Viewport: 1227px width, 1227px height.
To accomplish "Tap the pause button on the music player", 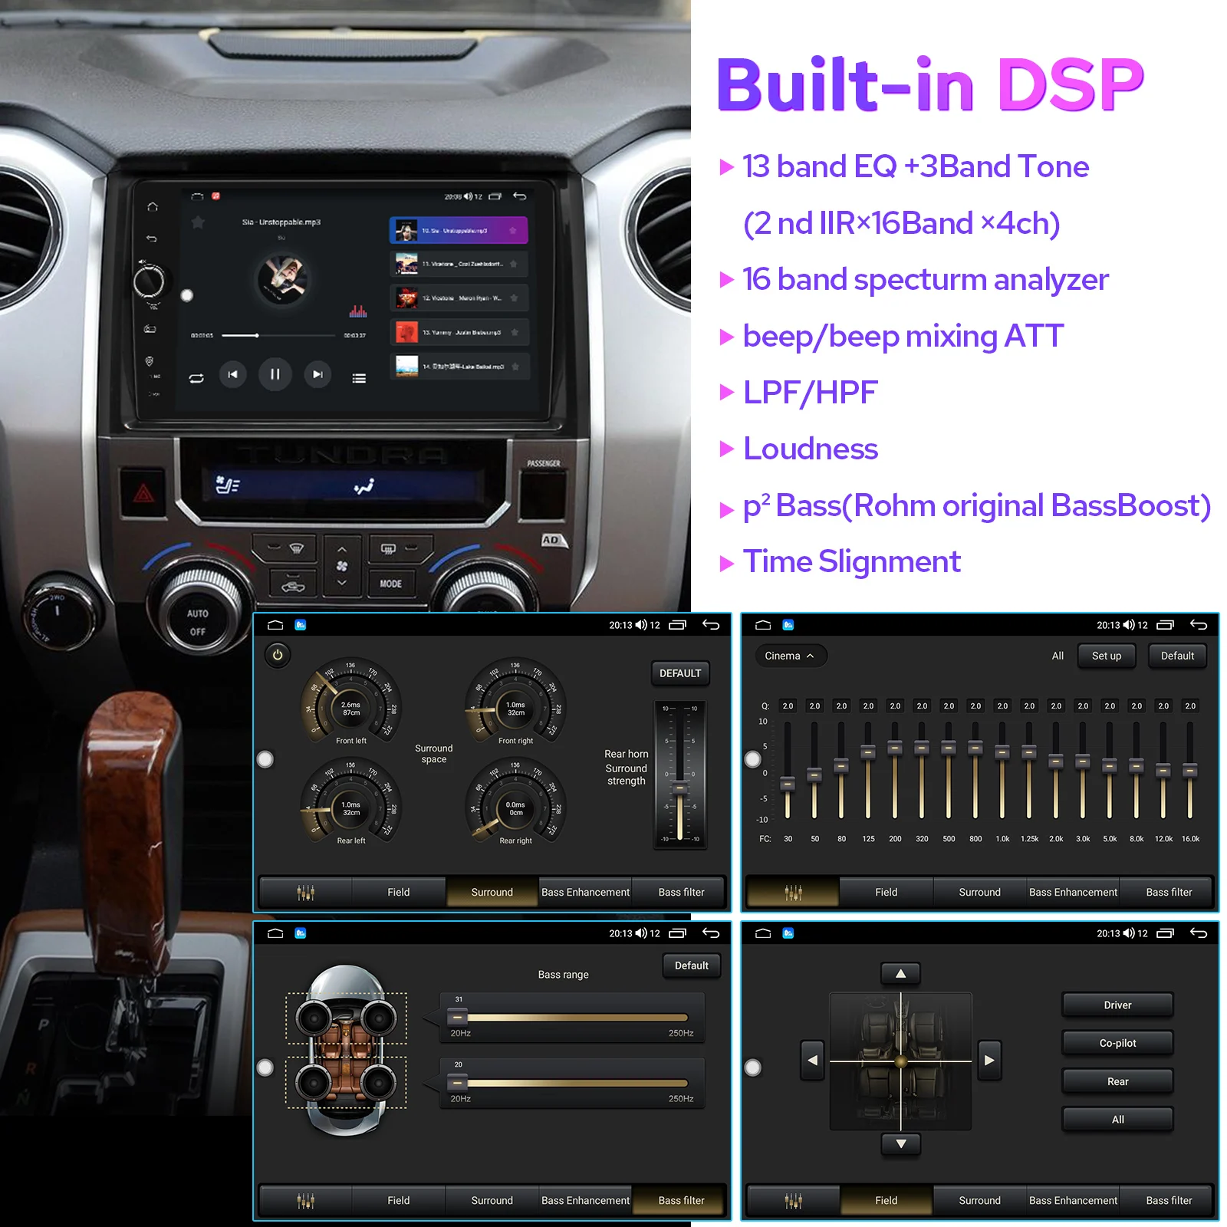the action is pos(275,374).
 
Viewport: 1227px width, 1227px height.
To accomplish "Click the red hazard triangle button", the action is pos(143,493).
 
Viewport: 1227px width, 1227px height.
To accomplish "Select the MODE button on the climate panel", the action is pos(390,584).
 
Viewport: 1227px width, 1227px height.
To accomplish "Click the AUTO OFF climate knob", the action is pos(198,622).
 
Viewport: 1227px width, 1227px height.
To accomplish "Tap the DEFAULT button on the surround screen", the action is pos(679,673).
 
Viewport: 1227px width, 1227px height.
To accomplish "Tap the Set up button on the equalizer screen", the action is pos(1106,656).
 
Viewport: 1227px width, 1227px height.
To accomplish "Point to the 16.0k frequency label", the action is pos(1190,839).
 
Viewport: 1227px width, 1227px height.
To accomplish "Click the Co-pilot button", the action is pos(1117,1043).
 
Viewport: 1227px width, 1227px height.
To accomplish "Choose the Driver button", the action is pos(1117,1005).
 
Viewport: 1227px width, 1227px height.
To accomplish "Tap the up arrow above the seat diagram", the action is pos(901,974).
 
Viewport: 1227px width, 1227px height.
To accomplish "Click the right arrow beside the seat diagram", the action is pos(989,1061).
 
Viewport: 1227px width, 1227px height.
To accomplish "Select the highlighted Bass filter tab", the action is pos(681,1200).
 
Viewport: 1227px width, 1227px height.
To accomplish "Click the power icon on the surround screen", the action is pos(278,655).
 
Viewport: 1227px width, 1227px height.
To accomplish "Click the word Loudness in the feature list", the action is pos(811,449).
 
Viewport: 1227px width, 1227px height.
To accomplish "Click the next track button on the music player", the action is pos(317,374).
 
